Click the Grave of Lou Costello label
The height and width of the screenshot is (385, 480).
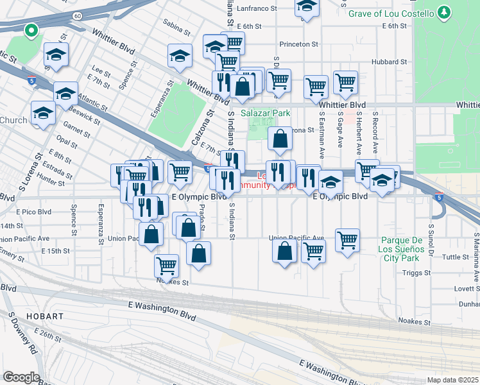pyautogui.click(x=390, y=13)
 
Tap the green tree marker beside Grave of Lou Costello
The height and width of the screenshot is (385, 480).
pyautogui.click(x=443, y=13)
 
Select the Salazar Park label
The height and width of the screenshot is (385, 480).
pyautogui.click(x=266, y=113)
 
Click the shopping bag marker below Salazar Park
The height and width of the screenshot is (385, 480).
pyautogui.click(x=280, y=138)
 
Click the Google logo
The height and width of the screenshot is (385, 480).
pyautogui.click(x=21, y=377)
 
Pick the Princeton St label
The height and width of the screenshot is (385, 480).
pyautogui.click(x=299, y=44)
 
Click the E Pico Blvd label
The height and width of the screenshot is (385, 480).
pyautogui.click(x=35, y=211)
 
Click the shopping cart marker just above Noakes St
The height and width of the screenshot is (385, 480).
pyautogui.click(x=167, y=264)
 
